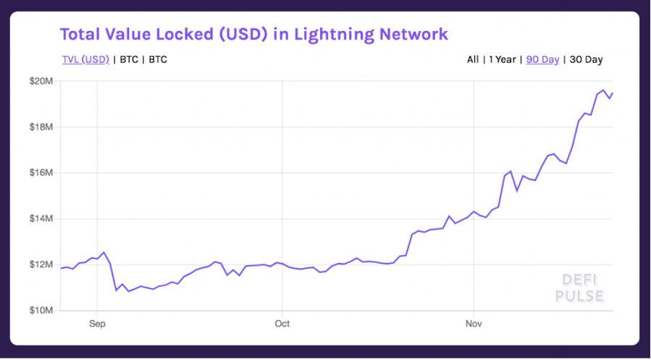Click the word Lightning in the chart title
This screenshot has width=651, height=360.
point(338,34)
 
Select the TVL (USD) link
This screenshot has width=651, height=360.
point(85,59)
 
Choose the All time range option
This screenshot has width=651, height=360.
point(473,59)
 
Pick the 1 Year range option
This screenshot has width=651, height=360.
point(503,59)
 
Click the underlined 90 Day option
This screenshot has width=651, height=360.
point(542,59)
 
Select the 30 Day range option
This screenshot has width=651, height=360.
point(587,59)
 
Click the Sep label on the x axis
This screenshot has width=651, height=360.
point(97,324)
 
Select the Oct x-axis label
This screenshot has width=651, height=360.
point(282,324)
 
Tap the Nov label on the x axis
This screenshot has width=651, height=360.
point(474,324)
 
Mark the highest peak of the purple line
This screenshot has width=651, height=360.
point(603,90)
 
